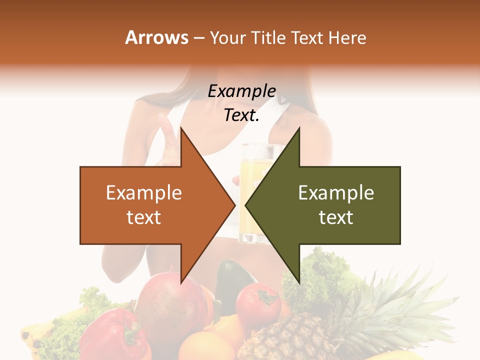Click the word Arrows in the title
coord(157,37)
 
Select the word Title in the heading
coord(267,37)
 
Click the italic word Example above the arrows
coord(241,91)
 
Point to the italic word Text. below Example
coord(241,115)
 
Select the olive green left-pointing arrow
coord(335,205)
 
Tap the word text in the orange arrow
coord(143,217)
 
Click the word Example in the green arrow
coord(336,193)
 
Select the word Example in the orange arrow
coord(143,193)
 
